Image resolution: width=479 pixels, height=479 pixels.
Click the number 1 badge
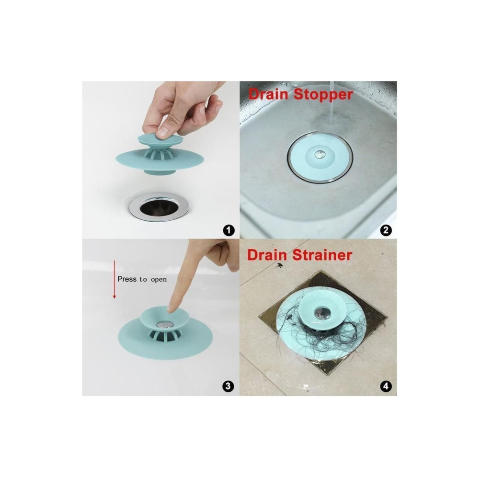pyautogui.click(x=229, y=230)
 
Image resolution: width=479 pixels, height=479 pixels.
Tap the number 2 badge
pyautogui.click(x=386, y=230)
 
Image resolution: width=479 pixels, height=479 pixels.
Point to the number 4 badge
pyautogui.click(x=386, y=386)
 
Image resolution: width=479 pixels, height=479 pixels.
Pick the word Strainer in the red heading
pyautogui.click(x=322, y=255)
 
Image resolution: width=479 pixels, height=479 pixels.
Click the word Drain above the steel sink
pyautogui.click(x=268, y=94)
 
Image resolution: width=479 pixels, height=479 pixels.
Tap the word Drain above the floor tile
pyautogui.click(x=267, y=255)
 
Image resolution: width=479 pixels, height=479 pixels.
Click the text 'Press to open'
pyautogui.click(x=142, y=280)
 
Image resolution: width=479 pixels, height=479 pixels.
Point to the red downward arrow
pyautogui.click(x=114, y=279)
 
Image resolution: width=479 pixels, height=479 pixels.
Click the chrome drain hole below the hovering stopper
pyautogui.click(x=159, y=207)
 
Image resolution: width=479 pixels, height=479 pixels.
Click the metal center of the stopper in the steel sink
pyautogui.click(x=319, y=154)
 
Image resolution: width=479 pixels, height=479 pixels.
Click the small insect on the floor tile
pyautogui.click(x=279, y=265)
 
